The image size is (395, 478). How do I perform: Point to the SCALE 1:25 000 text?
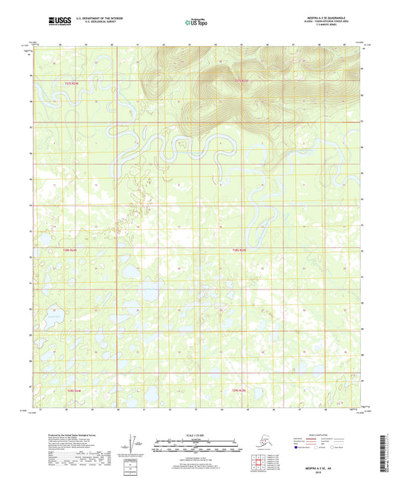pyautogui.click(x=196, y=434)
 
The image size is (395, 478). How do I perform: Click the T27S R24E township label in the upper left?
pyautogui.click(x=70, y=84)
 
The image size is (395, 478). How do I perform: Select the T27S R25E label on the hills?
pyautogui.click(x=242, y=79)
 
